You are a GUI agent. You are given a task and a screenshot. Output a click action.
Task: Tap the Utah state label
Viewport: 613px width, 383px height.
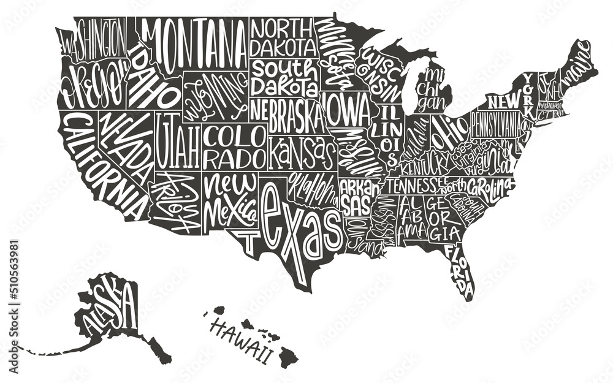178,141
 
